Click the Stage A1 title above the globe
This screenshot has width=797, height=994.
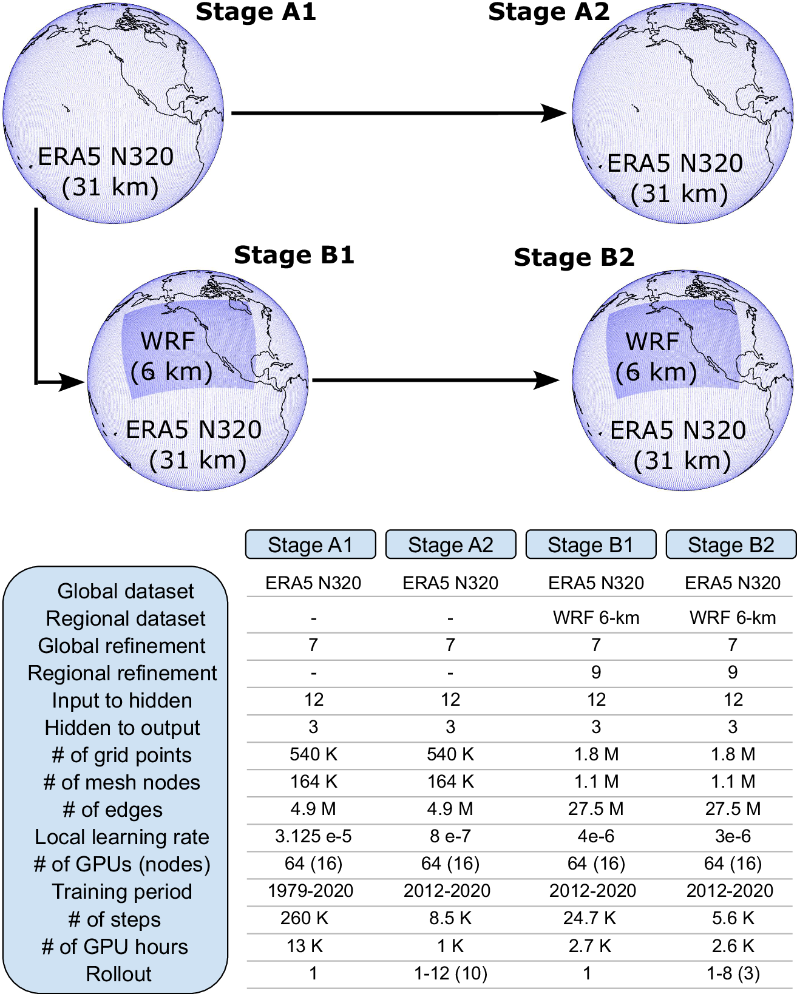256,12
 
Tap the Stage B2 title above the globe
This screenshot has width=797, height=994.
574,258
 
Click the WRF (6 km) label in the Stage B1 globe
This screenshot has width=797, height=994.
171,356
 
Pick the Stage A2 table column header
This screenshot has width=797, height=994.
450,545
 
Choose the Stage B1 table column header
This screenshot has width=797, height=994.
591,545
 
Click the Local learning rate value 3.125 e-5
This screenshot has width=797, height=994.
313,836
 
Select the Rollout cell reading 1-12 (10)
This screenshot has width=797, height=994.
450,973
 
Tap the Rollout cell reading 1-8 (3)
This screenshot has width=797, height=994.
733,973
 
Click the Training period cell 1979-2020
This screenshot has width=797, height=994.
310,891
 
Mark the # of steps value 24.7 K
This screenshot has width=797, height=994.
589,918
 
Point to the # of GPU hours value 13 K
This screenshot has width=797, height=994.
305,946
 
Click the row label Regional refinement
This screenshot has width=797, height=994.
122,673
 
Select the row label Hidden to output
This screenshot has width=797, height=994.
122,728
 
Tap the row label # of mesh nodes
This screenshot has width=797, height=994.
122,782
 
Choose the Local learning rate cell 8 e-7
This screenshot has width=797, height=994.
450,836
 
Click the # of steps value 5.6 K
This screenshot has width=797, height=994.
733,918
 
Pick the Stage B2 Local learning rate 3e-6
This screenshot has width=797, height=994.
733,836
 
